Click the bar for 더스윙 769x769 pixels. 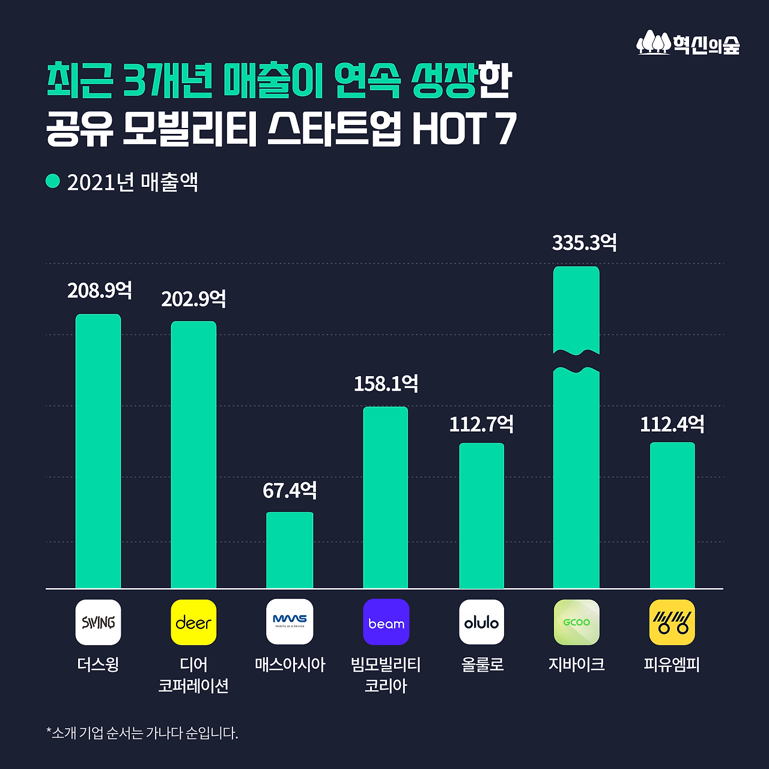(x=98, y=451)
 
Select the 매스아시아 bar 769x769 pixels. (x=290, y=550)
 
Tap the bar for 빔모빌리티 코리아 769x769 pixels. (x=386, y=497)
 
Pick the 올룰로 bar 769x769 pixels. (x=481, y=515)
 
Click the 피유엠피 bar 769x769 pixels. (x=672, y=515)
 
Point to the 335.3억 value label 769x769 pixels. (x=584, y=243)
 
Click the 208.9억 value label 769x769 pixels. (x=100, y=291)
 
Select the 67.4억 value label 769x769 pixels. (x=290, y=491)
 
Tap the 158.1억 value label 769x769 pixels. (x=386, y=384)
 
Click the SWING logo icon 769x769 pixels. (x=98, y=622)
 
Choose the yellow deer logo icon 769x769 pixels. (x=193, y=622)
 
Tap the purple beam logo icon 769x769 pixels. (x=386, y=622)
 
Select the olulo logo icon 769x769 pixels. (x=481, y=622)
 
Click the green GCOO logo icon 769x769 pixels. (x=576, y=622)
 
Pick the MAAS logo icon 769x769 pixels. (x=290, y=622)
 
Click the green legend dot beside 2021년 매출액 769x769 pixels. (x=53, y=181)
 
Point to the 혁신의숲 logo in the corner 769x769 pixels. (x=688, y=43)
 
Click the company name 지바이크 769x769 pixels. (x=576, y=664)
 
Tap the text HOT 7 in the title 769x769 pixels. (x=464, y=129)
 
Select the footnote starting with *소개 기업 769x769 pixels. (x=142, y=733)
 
